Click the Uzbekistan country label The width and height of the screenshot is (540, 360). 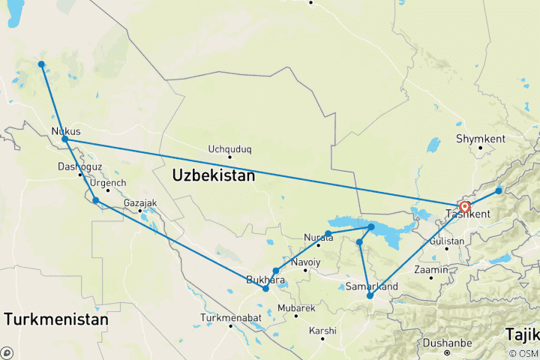pos(214,175)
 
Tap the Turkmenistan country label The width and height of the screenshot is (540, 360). pos(55,319)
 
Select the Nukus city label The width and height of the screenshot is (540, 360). pos(66,131)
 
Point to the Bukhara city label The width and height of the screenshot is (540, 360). pos(265,280)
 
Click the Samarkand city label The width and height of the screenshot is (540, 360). pos(371,286)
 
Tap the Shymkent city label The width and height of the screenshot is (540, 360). pos(481,139)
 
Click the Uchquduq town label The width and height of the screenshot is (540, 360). pos(229,148)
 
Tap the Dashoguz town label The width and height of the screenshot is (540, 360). pos(80,166)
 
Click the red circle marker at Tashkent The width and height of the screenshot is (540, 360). pos(465,207)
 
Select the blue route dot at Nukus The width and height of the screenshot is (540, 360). pos(65,139)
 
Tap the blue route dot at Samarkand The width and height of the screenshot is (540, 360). pos(370,296)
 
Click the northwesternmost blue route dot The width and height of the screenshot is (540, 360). pos(41,64)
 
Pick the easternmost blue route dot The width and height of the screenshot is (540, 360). pos(499,191)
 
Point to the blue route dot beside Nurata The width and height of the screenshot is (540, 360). pos(328,233)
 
